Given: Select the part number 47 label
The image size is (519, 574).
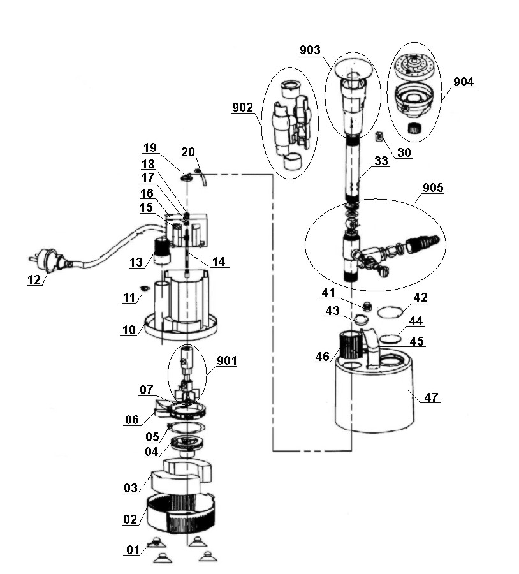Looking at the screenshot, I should (x=432, y=397).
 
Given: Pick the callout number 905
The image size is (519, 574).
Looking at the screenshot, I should (x=433, y=188).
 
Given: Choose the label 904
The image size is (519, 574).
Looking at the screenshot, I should (x=464, y=82).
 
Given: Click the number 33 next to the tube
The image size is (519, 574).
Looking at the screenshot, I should (x=381, y=162).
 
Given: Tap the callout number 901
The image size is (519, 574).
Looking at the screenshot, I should (x=226, y=361).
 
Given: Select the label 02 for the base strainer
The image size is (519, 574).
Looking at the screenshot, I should (x=130, y=519).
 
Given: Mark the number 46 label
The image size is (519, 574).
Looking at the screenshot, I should (x=323, y=357).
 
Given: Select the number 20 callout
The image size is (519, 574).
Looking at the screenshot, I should (x=188, y=152).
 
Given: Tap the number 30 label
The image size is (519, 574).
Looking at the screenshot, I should (x=404, y=153).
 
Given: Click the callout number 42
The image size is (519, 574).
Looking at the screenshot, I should (x=420, y=298).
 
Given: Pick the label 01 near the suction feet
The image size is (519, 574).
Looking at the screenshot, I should (x=133, y=550).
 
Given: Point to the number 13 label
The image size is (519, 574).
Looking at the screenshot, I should (x=136, y=263).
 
